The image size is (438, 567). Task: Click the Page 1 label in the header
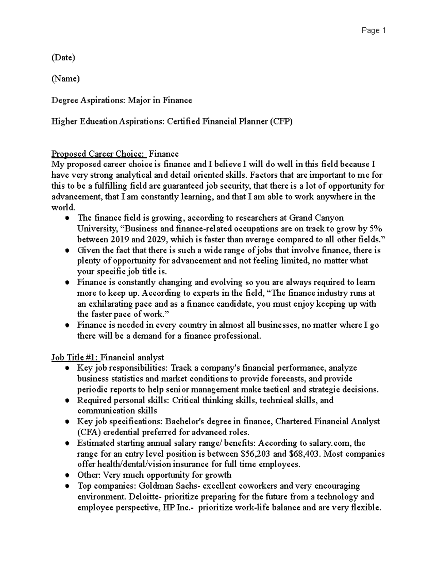[373, 31]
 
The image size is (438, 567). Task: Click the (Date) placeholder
[63, 58]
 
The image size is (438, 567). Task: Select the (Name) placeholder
[65, 79]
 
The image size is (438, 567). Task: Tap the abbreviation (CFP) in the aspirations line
[281, 122]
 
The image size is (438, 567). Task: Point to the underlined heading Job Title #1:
[75, 357]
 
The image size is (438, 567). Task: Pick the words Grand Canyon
[316, 218]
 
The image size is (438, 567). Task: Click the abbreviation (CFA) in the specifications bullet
[89, 433]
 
